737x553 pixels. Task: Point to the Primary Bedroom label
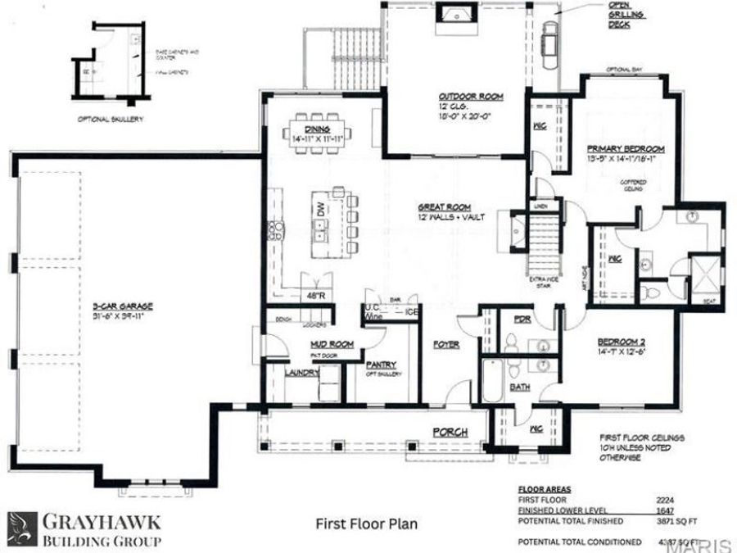click(626, 149)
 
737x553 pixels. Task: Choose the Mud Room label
click(331, 344)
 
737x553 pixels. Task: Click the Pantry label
click(382, 365)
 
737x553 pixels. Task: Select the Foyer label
click(445, 345)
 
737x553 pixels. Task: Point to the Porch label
click(450, 432)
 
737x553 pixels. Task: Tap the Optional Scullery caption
click(111, 119)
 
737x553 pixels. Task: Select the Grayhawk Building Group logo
click(85, 529)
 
